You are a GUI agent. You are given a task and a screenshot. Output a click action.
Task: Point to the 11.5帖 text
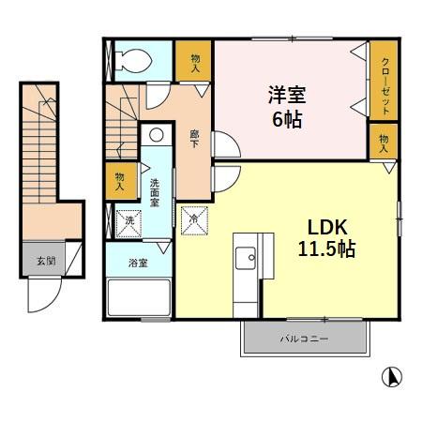(326, 249)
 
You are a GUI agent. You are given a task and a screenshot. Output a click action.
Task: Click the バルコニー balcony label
(304, 339)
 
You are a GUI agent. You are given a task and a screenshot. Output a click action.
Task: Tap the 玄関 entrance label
(45, 260)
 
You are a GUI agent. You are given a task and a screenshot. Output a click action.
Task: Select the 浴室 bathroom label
(137, 263)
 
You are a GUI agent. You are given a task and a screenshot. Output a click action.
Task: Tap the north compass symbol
(394, 377)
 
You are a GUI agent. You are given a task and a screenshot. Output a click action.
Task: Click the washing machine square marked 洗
(129, 221)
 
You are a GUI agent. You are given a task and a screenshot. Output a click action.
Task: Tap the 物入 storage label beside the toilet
(195, 63)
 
